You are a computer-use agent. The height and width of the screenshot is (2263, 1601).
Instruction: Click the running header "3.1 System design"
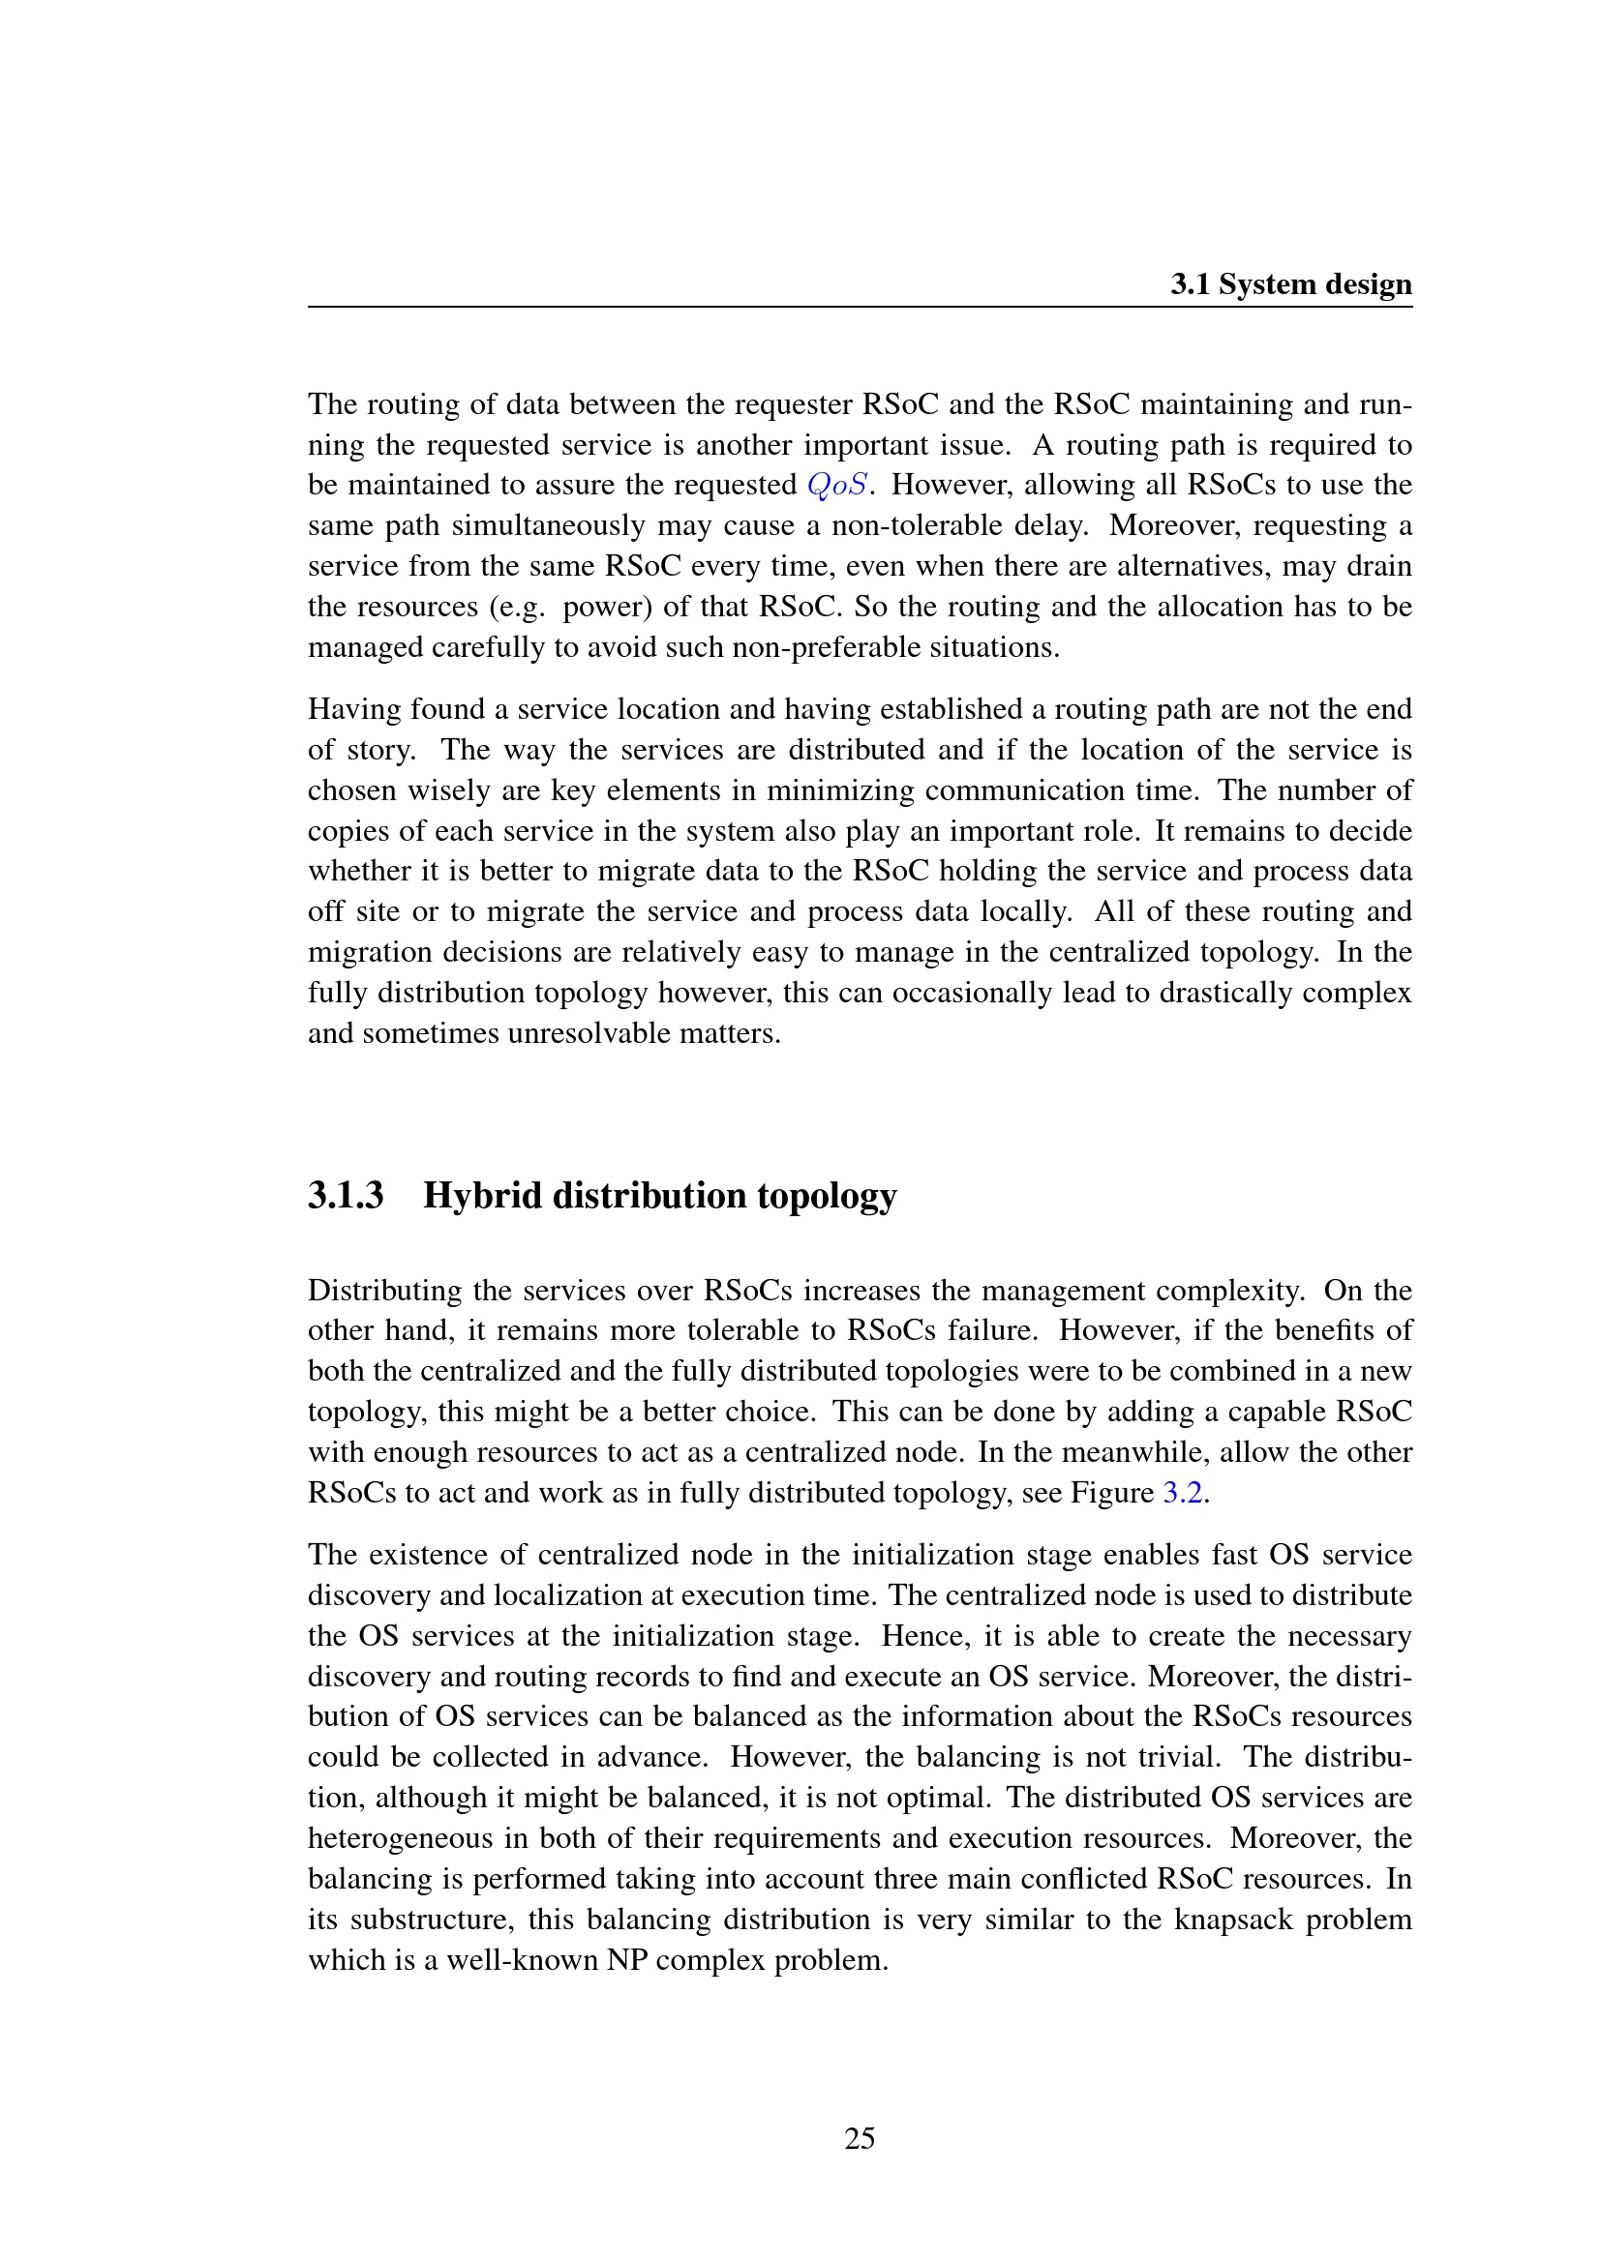1290,284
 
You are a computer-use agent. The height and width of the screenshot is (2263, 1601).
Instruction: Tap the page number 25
859,2138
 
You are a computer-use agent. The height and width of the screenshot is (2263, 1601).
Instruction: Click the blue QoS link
837,485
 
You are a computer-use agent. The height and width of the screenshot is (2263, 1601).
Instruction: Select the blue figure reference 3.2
1182,1492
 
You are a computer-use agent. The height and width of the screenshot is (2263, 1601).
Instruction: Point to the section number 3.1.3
345,1196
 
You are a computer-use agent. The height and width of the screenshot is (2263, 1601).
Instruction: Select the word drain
1383,566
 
